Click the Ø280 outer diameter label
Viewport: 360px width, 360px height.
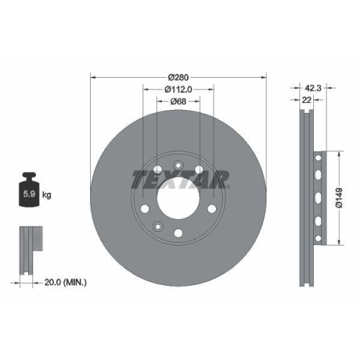click(178, 77)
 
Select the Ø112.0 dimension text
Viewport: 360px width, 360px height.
click(178, 89)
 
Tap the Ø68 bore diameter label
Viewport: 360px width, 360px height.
click(178, 102)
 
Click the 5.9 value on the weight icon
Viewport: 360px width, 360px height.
click(30, 194)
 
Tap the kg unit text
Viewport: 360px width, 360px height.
click(47, 194)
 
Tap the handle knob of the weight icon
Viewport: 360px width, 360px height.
click(30, 176)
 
